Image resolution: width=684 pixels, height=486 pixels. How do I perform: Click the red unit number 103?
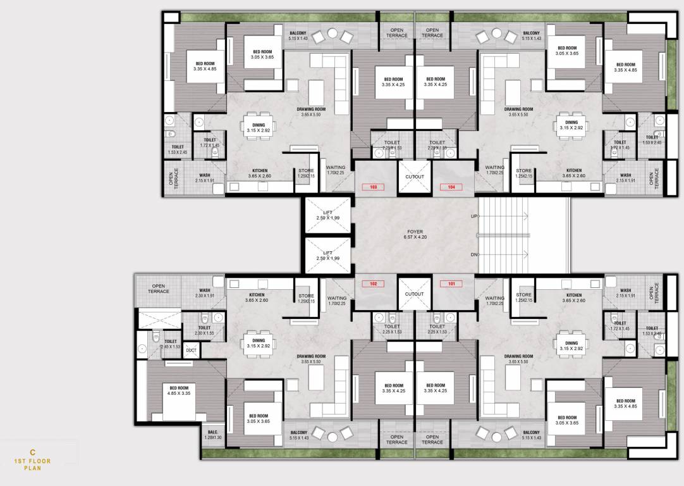pyautogui.click(x=373, y=187)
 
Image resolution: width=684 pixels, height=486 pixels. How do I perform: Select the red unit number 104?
pyautogui.click(x=451, y=187)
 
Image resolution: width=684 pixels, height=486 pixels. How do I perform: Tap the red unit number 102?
pyautogui.click(x=373, y=284)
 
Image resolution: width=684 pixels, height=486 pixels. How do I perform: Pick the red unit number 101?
pyautogui.click(x=451, y=284)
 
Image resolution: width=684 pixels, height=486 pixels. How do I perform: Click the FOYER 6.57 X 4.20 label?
pyautogui.click(x=415, y=234)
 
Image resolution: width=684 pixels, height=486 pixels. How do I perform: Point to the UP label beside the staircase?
pyautogui.click(x=473, y=216)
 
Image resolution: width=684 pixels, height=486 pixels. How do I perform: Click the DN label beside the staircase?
pyautogui.click(x=473, y=254)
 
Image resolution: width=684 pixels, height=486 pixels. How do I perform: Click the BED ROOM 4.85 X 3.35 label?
pyautogui.click(x=179, y=390)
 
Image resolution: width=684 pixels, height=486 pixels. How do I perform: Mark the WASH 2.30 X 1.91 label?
pyautogui.click(x=204, y=293)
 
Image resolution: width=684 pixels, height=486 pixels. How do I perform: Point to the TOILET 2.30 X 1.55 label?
pyautogui.click(x=204, y=330)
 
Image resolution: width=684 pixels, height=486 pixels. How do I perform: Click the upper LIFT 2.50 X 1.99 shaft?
pyautogui.click(x=327, y=216)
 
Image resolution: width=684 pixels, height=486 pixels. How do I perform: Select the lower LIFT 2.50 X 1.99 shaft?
pyautogui.click(x=327, y=256)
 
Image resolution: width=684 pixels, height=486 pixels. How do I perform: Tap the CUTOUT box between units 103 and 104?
pyautogui.click(x=415, y=177)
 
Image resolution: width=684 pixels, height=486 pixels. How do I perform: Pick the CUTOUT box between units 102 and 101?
pyautogui.click(x=415, y=294)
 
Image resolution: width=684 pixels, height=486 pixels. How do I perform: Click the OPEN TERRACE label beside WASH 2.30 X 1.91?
pyautogui.click(x=159, y=289)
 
